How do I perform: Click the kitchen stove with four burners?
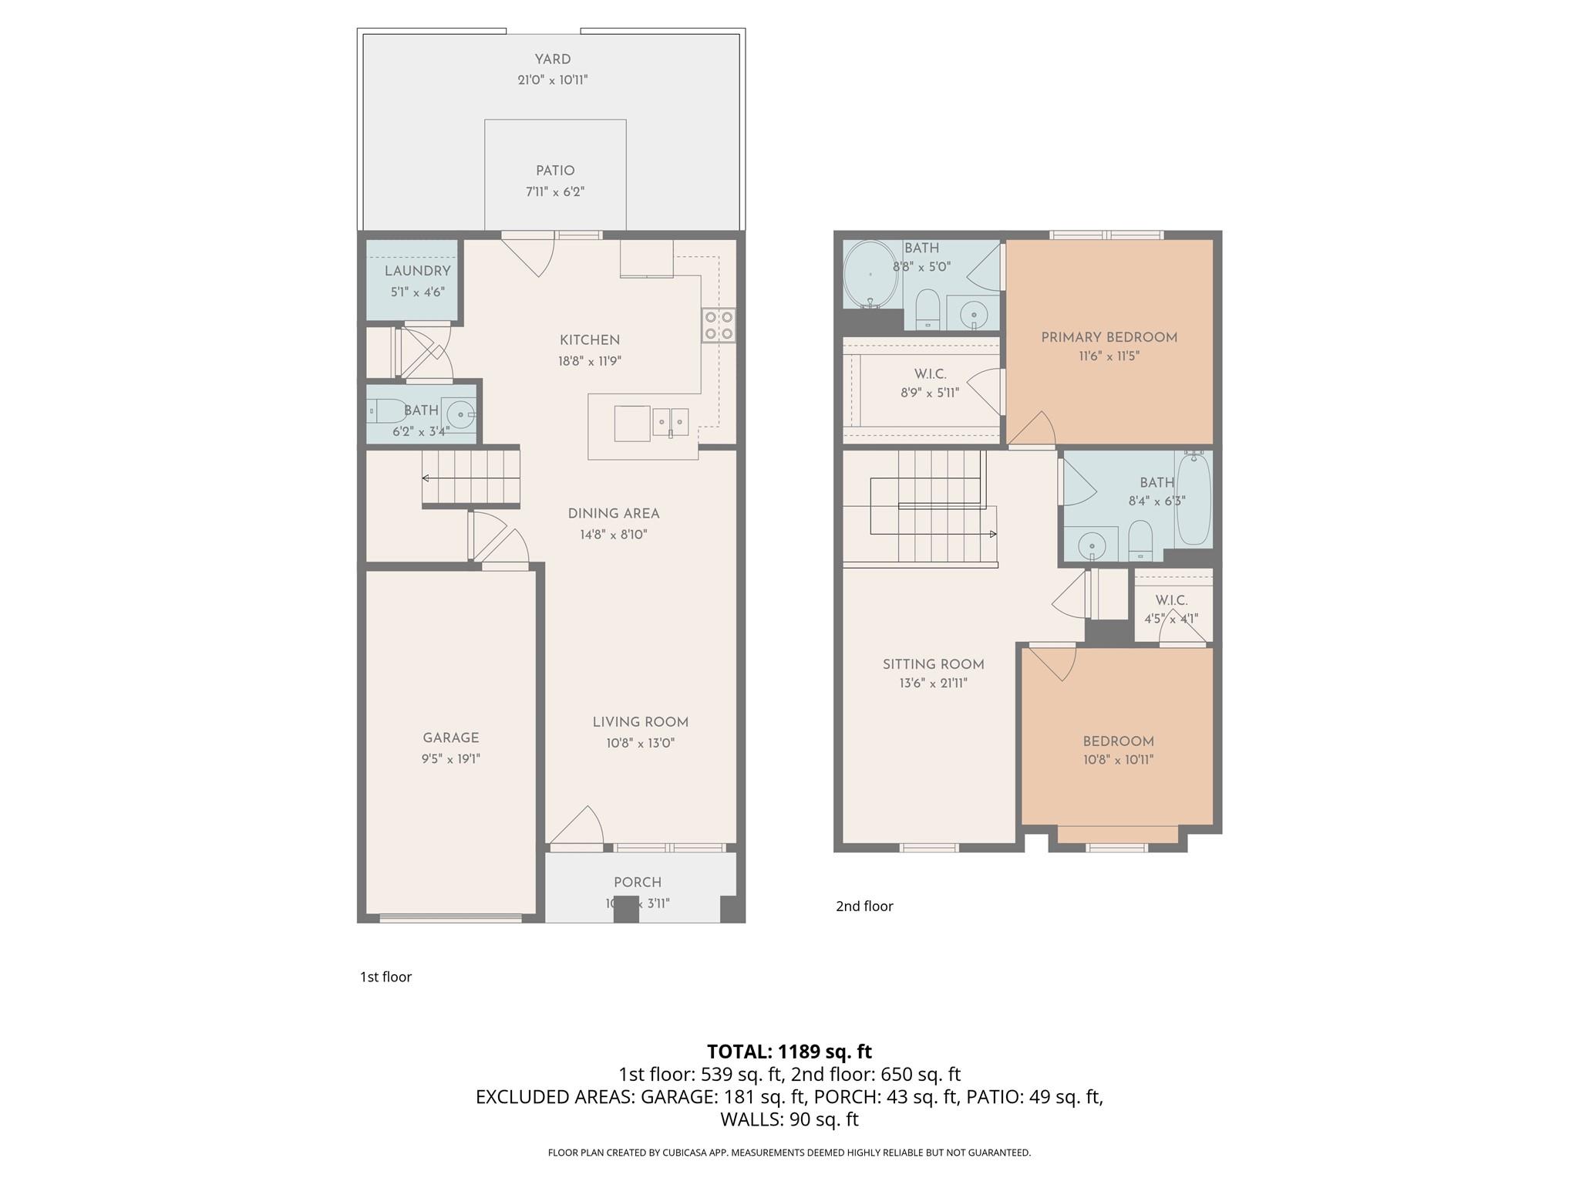click(718, 326)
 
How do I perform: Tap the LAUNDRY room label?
click(417, 271)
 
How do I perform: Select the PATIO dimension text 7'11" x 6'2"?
click(555, 191)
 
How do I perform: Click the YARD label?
click(553, 59)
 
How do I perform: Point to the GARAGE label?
click(451, 738)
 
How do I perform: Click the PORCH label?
click(638, 882)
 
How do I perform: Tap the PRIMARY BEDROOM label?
click(1109, 337)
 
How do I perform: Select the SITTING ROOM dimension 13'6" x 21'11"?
click(933, 683)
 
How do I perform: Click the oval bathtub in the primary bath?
click(870, 275)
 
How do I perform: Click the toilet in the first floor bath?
click(385, 410)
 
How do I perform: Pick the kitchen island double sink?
click(670, 422)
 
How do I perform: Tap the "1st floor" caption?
click(385, 977)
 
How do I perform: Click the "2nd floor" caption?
click(864, 906)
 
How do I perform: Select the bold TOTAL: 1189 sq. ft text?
click(789, 1052)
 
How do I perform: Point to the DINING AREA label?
click(614, 514)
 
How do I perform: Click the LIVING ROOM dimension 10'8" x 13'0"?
click(640, 743)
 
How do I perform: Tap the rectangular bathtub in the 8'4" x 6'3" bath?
click(1194, 498)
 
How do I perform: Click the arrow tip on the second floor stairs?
click(993, 534)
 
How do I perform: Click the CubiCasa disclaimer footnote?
click(789, 1153)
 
